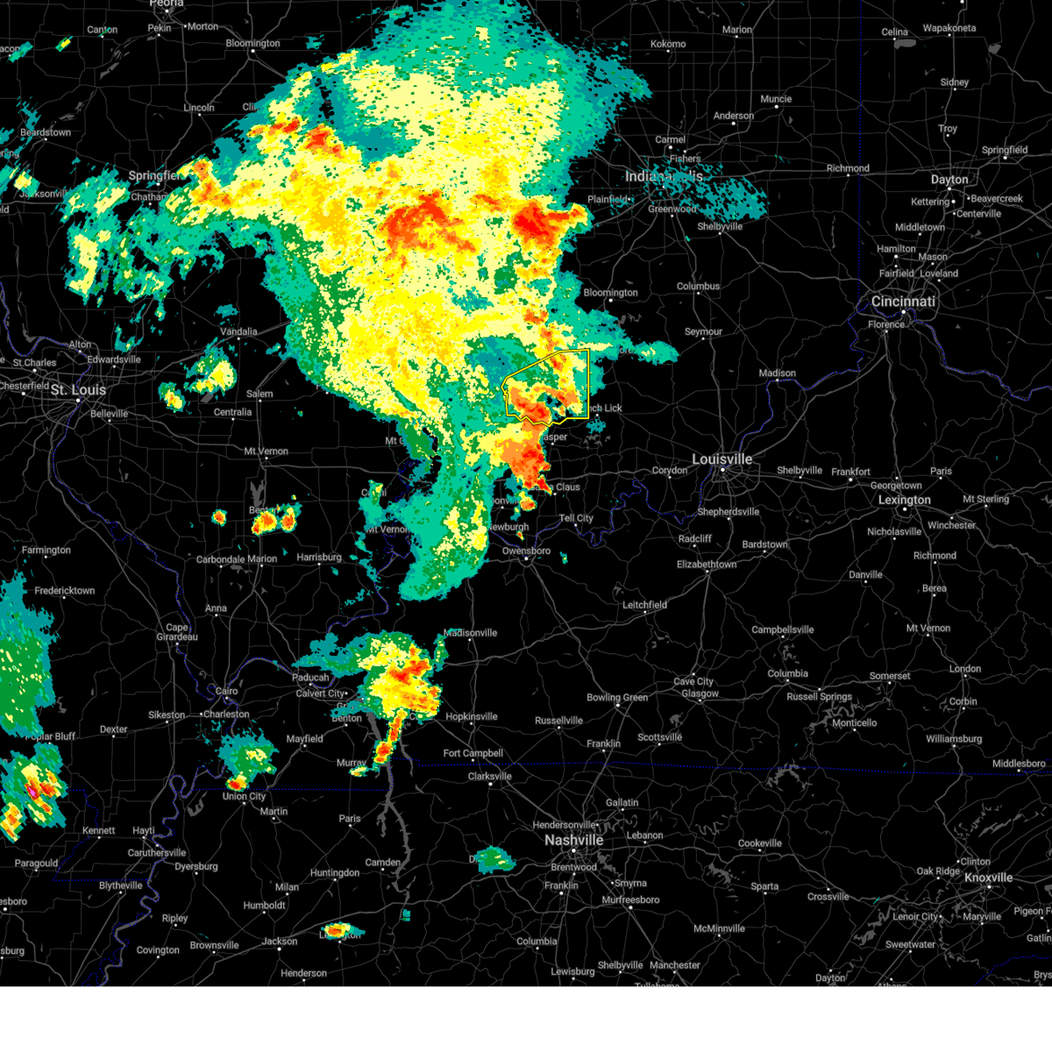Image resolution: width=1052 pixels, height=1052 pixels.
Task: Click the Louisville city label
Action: click(721, 459)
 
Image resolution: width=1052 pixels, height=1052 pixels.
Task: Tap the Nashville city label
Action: click(573, 840)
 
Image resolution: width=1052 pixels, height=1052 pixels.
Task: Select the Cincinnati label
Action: click(903, 302)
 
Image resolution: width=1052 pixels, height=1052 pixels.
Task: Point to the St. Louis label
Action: click(78, 390)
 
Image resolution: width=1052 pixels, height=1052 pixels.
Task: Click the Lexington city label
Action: click(904, 500)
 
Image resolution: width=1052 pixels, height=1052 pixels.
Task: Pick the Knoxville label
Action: click(988, 878)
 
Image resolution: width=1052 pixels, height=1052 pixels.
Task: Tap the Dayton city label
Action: click(949, 180)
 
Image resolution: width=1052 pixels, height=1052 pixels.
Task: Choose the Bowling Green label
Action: click(617, 698)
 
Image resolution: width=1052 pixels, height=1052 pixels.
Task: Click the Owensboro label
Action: click(526, 551)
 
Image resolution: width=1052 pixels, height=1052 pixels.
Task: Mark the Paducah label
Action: click(310, 678)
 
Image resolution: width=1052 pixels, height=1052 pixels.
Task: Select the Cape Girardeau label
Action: click(177, 632)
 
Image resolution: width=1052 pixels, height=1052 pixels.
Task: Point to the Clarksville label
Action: click(490, 777)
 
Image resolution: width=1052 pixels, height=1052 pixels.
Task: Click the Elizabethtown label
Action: click(707, 565)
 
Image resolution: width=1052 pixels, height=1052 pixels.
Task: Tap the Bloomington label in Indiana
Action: click(610, 293)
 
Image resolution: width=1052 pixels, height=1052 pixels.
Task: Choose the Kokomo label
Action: click(667, 44)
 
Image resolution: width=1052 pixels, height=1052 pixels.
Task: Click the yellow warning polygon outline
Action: click(587, 377)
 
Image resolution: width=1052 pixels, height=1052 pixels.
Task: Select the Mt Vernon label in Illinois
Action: click(266, 451)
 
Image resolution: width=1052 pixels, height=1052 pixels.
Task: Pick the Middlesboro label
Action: click(1019, 764)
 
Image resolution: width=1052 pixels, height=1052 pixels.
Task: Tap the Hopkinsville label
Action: click(471, 716)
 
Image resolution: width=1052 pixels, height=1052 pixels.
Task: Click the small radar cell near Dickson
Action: click(494, 859)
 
